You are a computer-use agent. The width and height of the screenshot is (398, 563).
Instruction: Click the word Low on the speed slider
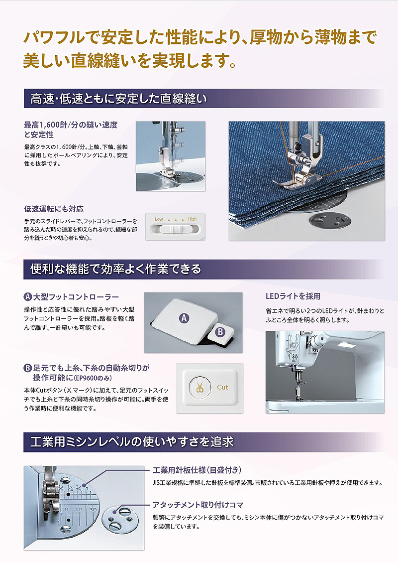(159, 219)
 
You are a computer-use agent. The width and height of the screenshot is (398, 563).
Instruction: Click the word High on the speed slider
(192, 219)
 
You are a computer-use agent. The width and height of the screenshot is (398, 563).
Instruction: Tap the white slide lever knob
(176, 230)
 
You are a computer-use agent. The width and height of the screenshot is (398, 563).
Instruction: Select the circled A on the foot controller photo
(184, 318)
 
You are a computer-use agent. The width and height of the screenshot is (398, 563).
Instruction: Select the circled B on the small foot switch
(220, 332)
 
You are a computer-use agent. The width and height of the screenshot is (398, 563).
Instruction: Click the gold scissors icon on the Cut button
(199, 387)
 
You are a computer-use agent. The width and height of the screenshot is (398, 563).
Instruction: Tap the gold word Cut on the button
(222, 387)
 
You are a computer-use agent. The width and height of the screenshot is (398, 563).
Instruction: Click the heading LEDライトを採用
(293, 296)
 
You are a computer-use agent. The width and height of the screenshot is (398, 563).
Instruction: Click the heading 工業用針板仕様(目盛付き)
(197, 470)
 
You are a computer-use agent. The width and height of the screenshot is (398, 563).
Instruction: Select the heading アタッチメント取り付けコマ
(198, 505)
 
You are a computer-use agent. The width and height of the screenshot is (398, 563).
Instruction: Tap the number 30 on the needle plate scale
(93, 510)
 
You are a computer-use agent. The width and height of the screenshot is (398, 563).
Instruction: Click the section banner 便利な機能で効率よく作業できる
(115, 269)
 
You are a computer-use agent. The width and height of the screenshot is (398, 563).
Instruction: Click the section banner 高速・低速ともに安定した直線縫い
(119, 98)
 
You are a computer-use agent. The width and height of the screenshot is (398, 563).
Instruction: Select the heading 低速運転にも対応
(54, 209)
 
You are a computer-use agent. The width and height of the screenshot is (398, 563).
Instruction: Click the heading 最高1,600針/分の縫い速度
(71, 125)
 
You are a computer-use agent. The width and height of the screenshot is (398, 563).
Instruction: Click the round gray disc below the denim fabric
(329, 220)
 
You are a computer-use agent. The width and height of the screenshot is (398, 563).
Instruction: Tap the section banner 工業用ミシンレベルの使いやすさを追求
(132, 441)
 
